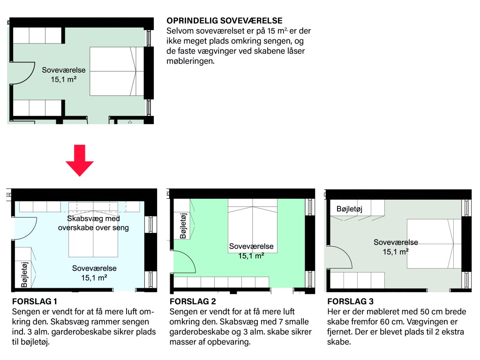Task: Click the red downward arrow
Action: pyautogui.click(x=80, y=160)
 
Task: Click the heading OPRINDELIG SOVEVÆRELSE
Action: pyautogui.click(x=225, y=21)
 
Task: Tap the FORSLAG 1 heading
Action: pyautogui.click(x=35, y=301)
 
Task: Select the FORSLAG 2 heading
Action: pyautogui.click(x=193, y=301)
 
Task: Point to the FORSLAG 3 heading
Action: pyautogui.click(x=351, y=301)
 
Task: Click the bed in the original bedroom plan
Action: pyautogui.click(x=117, y=71)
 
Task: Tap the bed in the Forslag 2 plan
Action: pyautogui.click(x=253, y=226)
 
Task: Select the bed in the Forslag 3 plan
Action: pyautogui.click(x=434, y=244)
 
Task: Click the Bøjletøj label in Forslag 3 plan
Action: pyautogui.click(x=349, y=209)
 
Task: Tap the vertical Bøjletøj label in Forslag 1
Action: pyautogui.click(x=24, y=275)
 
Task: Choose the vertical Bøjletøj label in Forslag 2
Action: pyautogui.click(x=183, y=226)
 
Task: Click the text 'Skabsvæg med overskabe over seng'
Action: pyautogui.click(x=93, y=223)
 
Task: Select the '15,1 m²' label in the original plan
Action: pyautogui.click(x=63, y=79)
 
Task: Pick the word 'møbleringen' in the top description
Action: pyautogui.click(x=190, y=61)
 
